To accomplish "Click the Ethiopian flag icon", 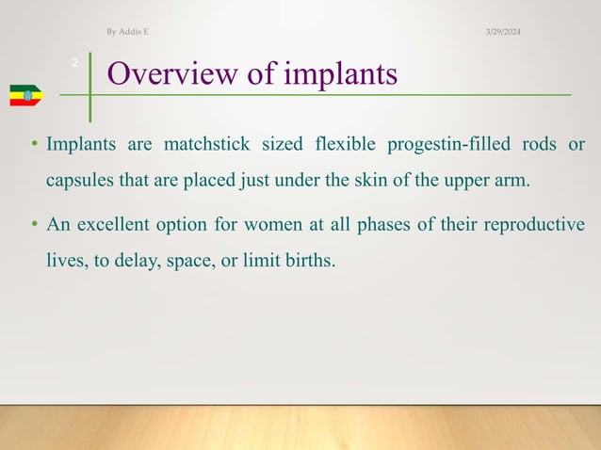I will [25, 94].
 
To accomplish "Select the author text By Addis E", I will [127, 33].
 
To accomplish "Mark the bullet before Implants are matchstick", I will [33, 146].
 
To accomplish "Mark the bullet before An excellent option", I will [33, 226].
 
